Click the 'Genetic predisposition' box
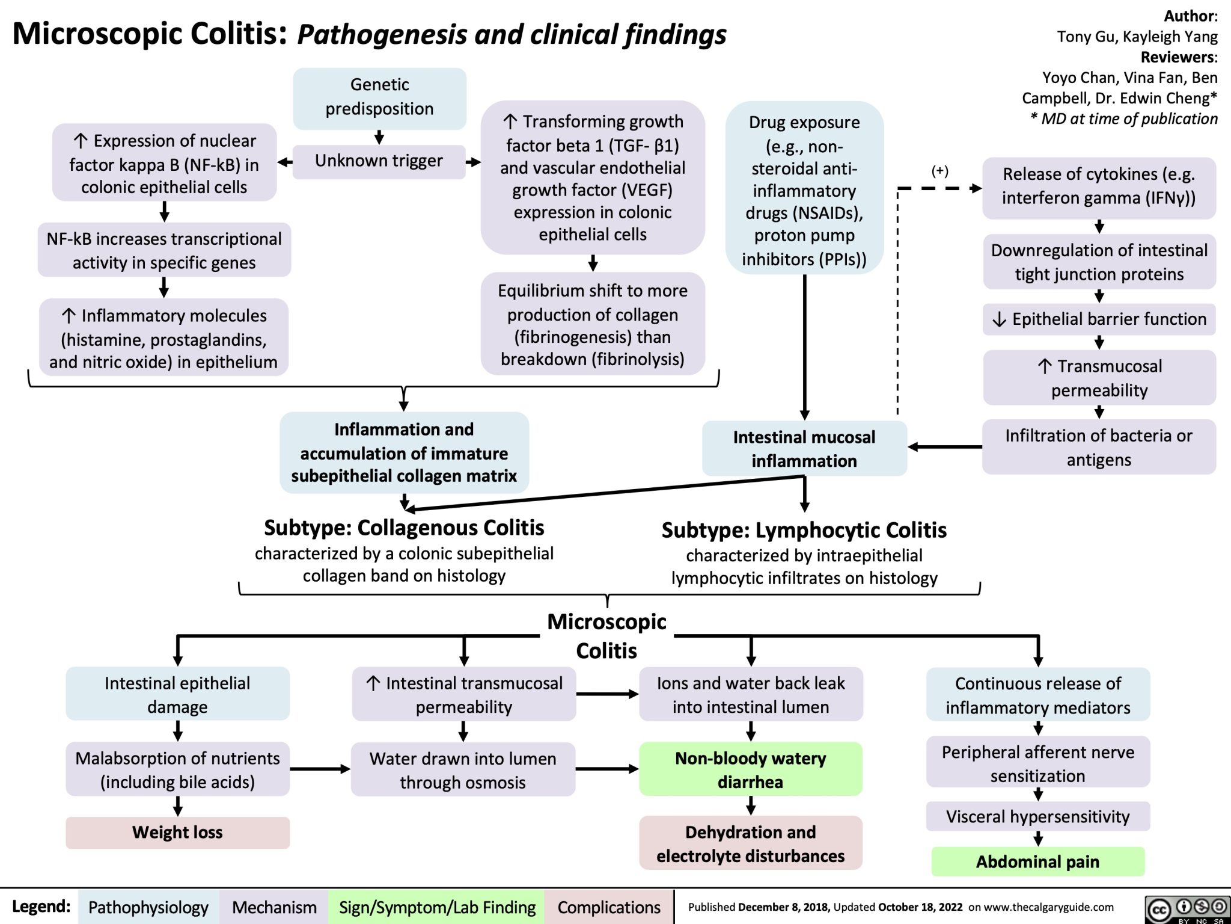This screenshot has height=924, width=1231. pos(379,97)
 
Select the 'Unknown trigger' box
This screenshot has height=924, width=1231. pos(379,161)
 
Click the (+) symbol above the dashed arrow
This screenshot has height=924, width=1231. pos(940,171)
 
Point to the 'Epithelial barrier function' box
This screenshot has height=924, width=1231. pos(1099,319)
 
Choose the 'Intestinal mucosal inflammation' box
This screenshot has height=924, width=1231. pos(804,449)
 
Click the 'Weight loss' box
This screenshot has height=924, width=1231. pos(177,833)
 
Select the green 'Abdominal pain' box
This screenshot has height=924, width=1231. pos(1037,862)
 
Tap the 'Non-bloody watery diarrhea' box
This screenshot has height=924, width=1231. pos(750,770)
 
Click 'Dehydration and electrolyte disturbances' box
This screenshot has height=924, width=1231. pos(750,844)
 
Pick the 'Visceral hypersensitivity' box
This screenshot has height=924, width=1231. pos(1037,817)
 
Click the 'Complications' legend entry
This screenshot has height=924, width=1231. pos(608,907)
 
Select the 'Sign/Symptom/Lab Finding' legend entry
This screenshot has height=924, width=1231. pos(437,907)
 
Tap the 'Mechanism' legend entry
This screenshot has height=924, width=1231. pos(274,907)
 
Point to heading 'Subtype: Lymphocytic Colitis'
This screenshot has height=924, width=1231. pos(804,531)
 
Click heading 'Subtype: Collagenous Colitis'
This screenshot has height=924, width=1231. pos(404,528)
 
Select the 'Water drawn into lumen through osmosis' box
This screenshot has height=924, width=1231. pos(463,771)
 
